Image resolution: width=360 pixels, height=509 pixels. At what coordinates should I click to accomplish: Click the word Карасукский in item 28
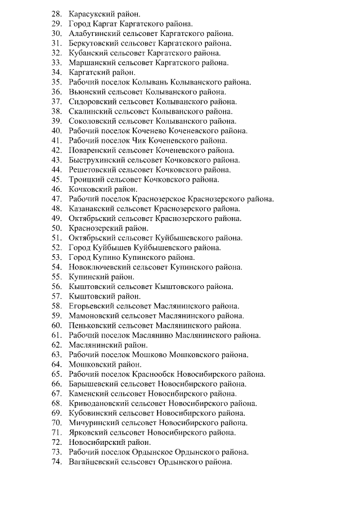click(x=93, y=13)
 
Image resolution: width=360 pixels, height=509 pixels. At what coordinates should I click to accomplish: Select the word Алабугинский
click(x=96, y=33)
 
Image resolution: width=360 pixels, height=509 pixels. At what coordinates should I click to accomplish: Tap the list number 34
click(x=56, y=72)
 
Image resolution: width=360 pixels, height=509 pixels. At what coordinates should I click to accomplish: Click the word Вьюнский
click(x=87, y=91)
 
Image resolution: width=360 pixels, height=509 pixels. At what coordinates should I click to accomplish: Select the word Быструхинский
click(x=97, y=160)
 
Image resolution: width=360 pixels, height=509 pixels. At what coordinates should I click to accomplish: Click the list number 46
click(x=56, y=189)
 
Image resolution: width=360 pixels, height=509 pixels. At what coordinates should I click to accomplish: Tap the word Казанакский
click(x=93, y=209)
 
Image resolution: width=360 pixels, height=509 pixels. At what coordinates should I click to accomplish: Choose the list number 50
click(x=56, y=228)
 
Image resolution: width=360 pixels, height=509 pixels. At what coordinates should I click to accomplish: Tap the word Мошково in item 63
click(x=150, y=354)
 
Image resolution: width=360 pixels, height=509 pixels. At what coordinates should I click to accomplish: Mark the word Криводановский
click(x=99, y=403)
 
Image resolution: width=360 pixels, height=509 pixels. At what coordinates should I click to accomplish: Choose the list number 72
click(x=56, y=442)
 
